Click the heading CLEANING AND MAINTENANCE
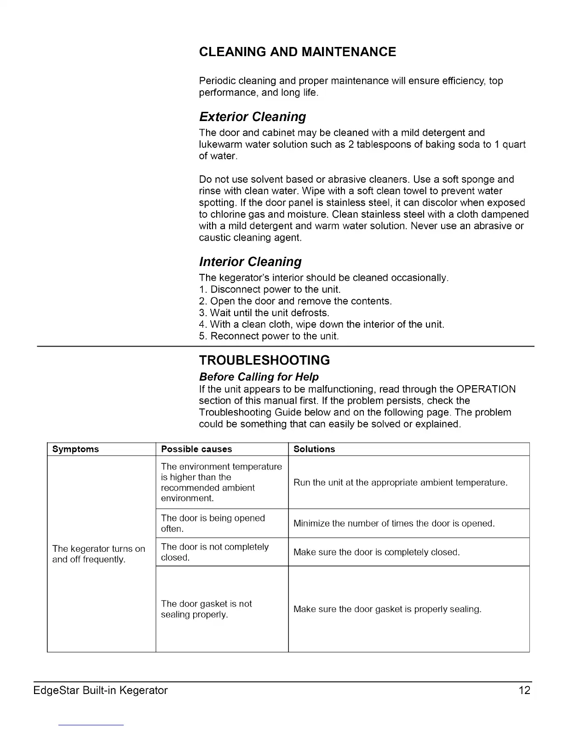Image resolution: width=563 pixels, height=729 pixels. tap(297, 52)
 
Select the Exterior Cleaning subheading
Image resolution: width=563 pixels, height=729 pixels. tap(253, 117)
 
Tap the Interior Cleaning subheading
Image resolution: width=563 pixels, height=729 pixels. tap(250, 262)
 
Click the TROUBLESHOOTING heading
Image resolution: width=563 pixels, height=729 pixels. tap(264, 360)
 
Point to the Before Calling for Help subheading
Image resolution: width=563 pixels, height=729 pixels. tap(259, 377)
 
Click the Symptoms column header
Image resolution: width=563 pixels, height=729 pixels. tap(75, 449)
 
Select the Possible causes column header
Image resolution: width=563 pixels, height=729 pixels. tap(196, 449)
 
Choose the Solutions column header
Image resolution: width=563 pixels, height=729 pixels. tap(314, 449)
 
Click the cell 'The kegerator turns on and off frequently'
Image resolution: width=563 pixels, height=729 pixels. tap(98, 554)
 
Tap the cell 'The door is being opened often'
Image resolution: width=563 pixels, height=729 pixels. tap(213, 523)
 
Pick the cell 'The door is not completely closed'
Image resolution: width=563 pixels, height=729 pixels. tap(214, 552)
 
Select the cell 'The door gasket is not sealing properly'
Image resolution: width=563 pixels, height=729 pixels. tap(206, 609)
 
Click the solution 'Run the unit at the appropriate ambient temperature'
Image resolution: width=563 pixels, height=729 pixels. tap(400, 483)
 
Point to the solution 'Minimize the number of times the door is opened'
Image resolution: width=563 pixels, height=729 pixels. tap(394, 524)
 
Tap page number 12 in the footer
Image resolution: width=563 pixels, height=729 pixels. tap(524, 690)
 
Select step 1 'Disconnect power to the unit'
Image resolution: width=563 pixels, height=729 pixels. tap(270, 289)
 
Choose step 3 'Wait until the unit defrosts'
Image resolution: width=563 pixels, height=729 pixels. tap(264, 313)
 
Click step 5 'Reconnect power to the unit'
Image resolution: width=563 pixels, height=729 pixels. tap(269, 336)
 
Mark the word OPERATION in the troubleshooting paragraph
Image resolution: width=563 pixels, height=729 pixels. tap(486, 389)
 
